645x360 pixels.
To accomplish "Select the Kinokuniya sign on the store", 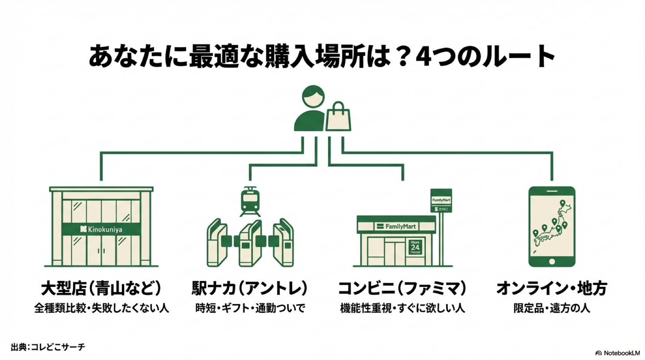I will [101, 229].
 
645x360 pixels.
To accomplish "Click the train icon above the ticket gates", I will [250, 202].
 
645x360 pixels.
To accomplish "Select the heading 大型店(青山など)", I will [101, 289].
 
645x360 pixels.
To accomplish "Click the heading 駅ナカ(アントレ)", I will [250, 289].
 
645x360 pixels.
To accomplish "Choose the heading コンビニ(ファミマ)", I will [402, 289].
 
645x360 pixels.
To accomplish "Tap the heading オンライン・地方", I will [552, 289].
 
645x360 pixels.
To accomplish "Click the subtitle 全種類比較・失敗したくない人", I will [101, 308].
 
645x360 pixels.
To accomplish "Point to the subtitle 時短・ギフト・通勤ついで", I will [250, 308].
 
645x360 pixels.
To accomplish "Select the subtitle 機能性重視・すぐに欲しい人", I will [402, 308].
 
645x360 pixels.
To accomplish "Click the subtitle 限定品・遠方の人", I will [552, 308].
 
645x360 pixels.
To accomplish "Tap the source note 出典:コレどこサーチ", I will [48, 347].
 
